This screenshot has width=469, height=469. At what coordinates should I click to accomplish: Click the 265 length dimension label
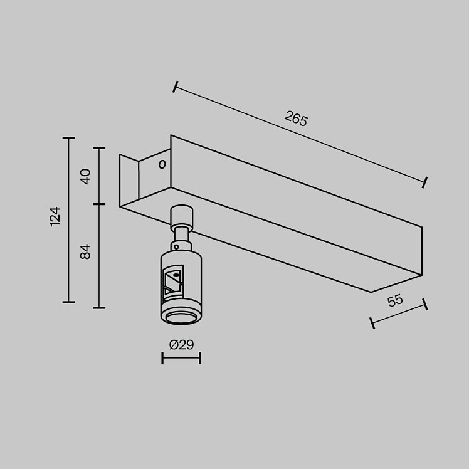click(296, 119)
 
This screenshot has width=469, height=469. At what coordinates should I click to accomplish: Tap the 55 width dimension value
click(395, 300)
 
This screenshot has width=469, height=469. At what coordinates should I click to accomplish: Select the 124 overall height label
click(55, 216)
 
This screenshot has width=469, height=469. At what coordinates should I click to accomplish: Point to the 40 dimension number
click(85, 176)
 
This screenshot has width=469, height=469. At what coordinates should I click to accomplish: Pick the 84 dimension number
click(85, 251)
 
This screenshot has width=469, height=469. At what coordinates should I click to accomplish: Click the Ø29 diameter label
click(181, 345)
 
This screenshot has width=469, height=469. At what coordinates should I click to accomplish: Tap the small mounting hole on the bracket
click(162, 164)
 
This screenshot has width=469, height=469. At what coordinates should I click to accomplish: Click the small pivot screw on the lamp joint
click(176, 247)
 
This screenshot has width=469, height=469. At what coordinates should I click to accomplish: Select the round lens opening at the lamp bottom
click(181, 318)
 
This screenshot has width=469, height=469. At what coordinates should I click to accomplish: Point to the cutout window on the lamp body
click(173, 283)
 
